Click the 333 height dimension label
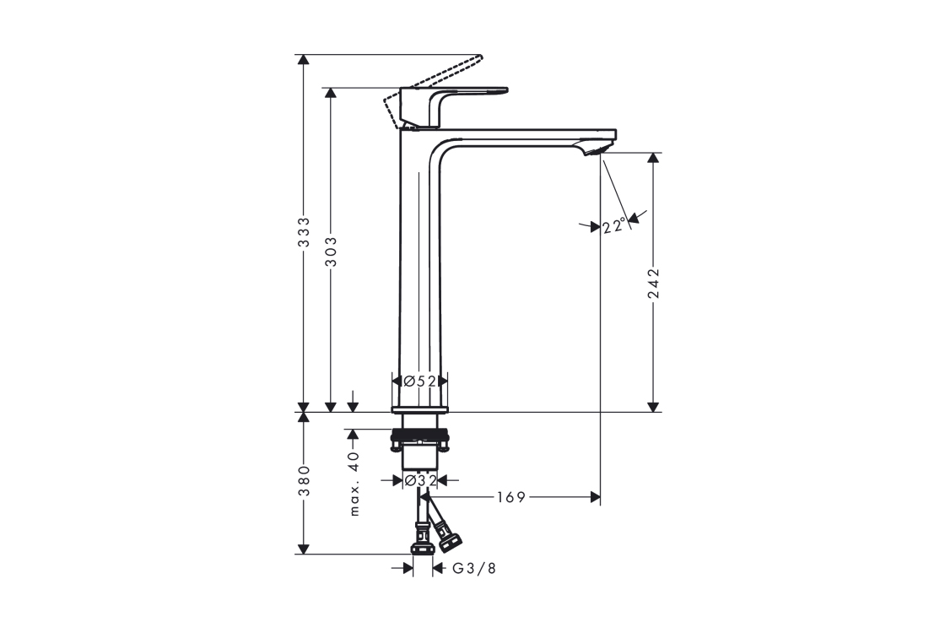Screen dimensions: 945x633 305,232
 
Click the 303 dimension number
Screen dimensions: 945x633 331,251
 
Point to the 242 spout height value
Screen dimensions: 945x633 653,284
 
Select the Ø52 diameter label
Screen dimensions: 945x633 419,381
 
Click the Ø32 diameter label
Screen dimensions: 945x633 421,480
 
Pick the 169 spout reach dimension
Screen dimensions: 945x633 511,497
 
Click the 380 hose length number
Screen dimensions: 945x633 305,480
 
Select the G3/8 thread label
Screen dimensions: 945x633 474,569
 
